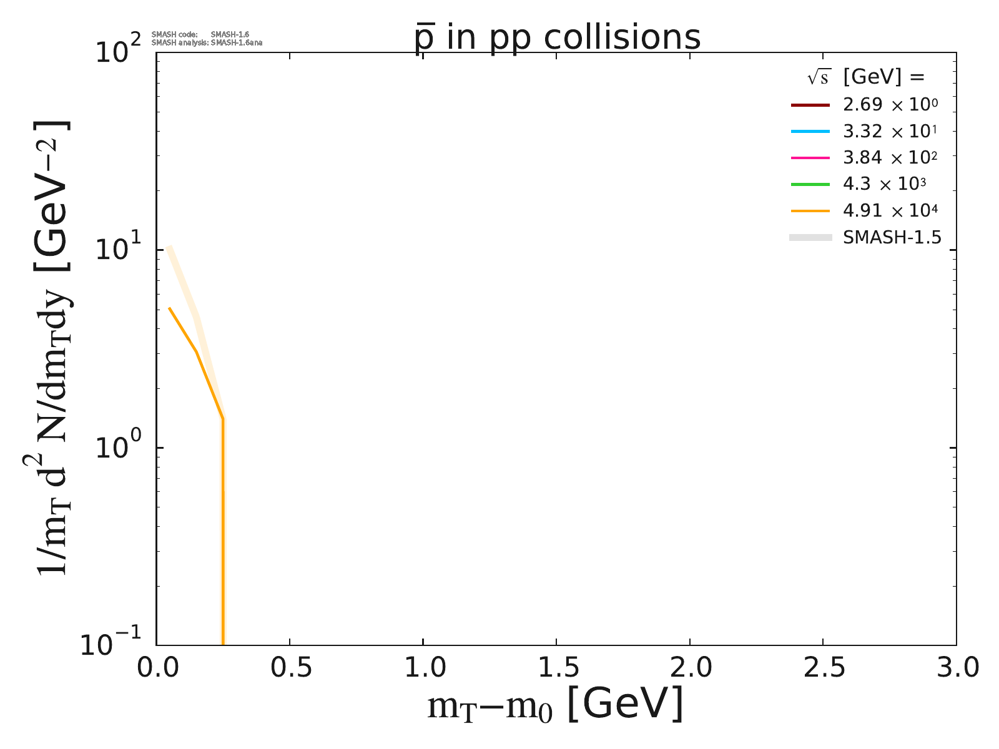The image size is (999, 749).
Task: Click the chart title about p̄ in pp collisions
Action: click(x=558, y=37)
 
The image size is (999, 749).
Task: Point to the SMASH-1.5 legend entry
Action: click(x=892, y=237)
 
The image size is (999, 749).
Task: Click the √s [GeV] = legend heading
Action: click(x=865, y=77)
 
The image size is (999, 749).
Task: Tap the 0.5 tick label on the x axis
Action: click(x=290, y=668)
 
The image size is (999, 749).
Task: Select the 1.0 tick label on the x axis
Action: click(x=423, y=668)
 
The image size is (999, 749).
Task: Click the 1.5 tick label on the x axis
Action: click(x=556, y=668)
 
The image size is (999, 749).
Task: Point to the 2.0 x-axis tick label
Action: click(x=689, y=668)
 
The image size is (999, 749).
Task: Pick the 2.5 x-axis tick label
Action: click(x=823, y=668)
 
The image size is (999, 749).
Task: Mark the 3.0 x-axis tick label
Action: click(x=956, y=668)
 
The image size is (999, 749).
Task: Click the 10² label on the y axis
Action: click(x=119, y=51)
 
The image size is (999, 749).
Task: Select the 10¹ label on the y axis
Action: click(x=119, y=249)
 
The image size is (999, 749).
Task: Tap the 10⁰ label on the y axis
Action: click(x=119, y=448)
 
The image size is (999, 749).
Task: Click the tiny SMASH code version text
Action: click(x=200, y=34)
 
